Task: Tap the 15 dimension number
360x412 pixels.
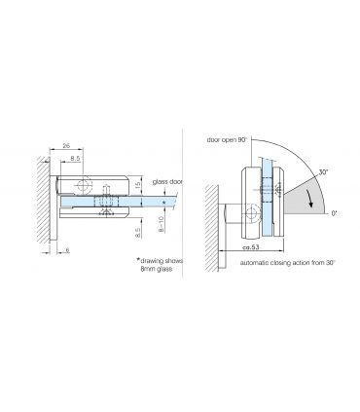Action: tap(138, 184)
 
